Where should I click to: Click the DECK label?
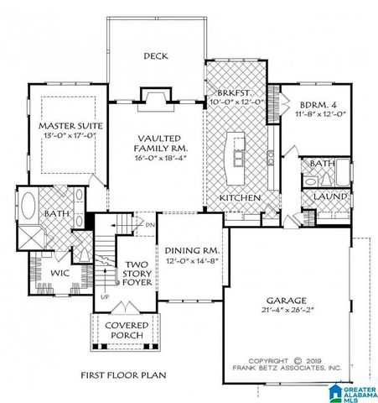(156, 57)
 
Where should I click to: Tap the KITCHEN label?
(240, 197)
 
